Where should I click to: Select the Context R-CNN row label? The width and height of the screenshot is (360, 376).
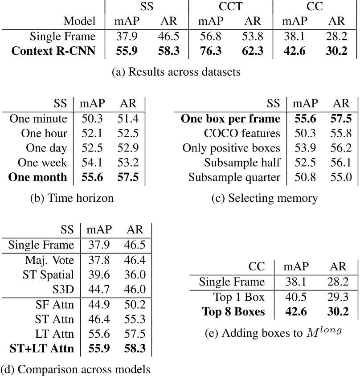53,51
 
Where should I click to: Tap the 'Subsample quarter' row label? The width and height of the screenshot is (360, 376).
234,177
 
